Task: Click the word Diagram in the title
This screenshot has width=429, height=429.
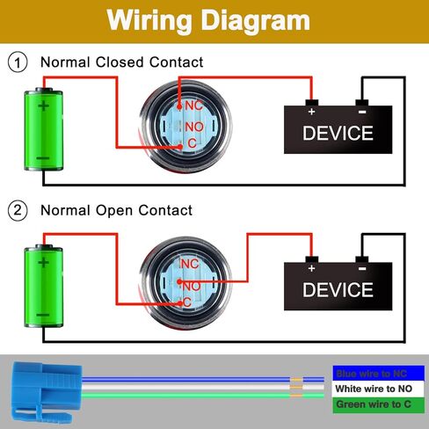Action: tap(255, 20)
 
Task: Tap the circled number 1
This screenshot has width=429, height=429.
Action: tap(18, 62)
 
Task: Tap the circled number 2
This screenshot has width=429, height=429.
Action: tap(18, 210)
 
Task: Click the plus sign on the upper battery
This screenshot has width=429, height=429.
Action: tap(43, 105)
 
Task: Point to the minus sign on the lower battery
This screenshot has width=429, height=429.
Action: tap(43, 316)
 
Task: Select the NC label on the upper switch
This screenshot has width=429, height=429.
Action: tap(193, 105)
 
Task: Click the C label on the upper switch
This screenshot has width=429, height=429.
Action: tap(192, 143)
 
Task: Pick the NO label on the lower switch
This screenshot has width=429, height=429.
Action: tap(193, 287)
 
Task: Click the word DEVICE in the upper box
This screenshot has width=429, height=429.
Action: tap(338, 134)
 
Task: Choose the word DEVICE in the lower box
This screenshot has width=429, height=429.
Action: tap(338, 290)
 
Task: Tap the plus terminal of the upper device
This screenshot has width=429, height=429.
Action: tap(312, 103)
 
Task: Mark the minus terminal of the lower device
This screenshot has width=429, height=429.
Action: tap(362, 259)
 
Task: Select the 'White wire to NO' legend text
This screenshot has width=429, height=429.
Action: tap(374, 389)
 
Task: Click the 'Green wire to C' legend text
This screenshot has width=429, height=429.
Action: tap(374, 404)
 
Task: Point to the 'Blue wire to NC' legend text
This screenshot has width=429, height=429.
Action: tap(372, 374)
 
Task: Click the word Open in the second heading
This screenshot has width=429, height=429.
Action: tap(114, 211)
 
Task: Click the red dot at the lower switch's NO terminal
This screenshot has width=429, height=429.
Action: tap(179, 282)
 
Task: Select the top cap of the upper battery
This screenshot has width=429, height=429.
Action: tap(44, 90)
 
